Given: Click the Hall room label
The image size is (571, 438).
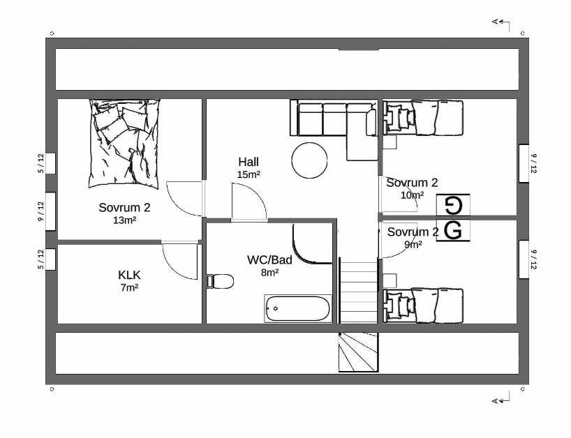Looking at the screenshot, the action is coord(249,162).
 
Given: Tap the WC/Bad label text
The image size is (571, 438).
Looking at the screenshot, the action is coord(269,259).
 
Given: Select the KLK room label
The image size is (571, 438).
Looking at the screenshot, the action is coord(129,275).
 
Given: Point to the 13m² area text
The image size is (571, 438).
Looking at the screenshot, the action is coord(124,220).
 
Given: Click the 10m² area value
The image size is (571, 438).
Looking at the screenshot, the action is coord(413,195).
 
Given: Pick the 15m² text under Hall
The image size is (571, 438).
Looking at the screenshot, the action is coord(249,174).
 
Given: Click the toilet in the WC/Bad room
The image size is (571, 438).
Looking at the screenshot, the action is coord(220,281).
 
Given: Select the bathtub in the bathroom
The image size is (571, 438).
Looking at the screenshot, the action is coord(298,308).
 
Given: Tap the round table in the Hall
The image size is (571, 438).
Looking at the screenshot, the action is coord(309,160).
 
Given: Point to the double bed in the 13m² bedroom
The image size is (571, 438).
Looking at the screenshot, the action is coord(124,144).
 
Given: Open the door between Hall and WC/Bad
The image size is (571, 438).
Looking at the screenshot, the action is coord(249,202).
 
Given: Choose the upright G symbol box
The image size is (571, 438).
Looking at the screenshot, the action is coord(453,230).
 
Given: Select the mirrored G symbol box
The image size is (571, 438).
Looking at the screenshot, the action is coord(453,205).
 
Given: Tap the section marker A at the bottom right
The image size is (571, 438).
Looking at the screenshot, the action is coord(500,400).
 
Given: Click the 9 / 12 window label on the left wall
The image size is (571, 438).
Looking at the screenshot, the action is coord(40,211).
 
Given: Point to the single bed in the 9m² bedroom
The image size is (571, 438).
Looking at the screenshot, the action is coord(423,305).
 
